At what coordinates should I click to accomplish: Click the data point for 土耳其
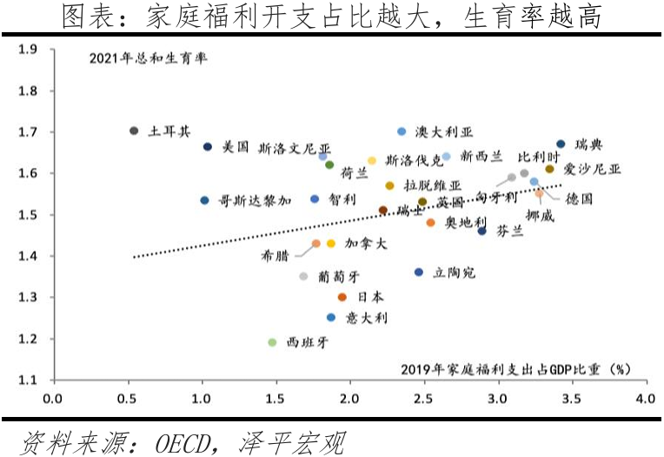coord(134,131)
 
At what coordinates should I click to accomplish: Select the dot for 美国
coord(208,147)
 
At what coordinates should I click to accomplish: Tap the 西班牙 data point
coord(272,342)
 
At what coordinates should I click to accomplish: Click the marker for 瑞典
coord(561,144)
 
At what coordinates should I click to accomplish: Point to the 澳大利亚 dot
coord(402,131)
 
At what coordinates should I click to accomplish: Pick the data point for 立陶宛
coord(419,272)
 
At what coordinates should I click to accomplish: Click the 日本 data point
coord(342,297)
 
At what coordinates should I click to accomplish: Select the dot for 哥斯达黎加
coord(204,200)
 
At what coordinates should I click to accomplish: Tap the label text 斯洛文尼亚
coord(295,149)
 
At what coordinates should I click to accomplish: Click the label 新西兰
coord(481,157)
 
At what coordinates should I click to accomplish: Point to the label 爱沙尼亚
coord(593,169)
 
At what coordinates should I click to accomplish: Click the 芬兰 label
coord(510,232)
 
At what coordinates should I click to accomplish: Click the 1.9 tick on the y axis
coord(29,50)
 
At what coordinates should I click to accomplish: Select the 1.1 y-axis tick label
coord(29,380)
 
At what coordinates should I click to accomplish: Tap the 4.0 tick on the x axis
coord(644,400)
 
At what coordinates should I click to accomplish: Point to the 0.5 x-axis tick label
coord(127,400)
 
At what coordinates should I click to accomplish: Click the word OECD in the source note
coord(183,442)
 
